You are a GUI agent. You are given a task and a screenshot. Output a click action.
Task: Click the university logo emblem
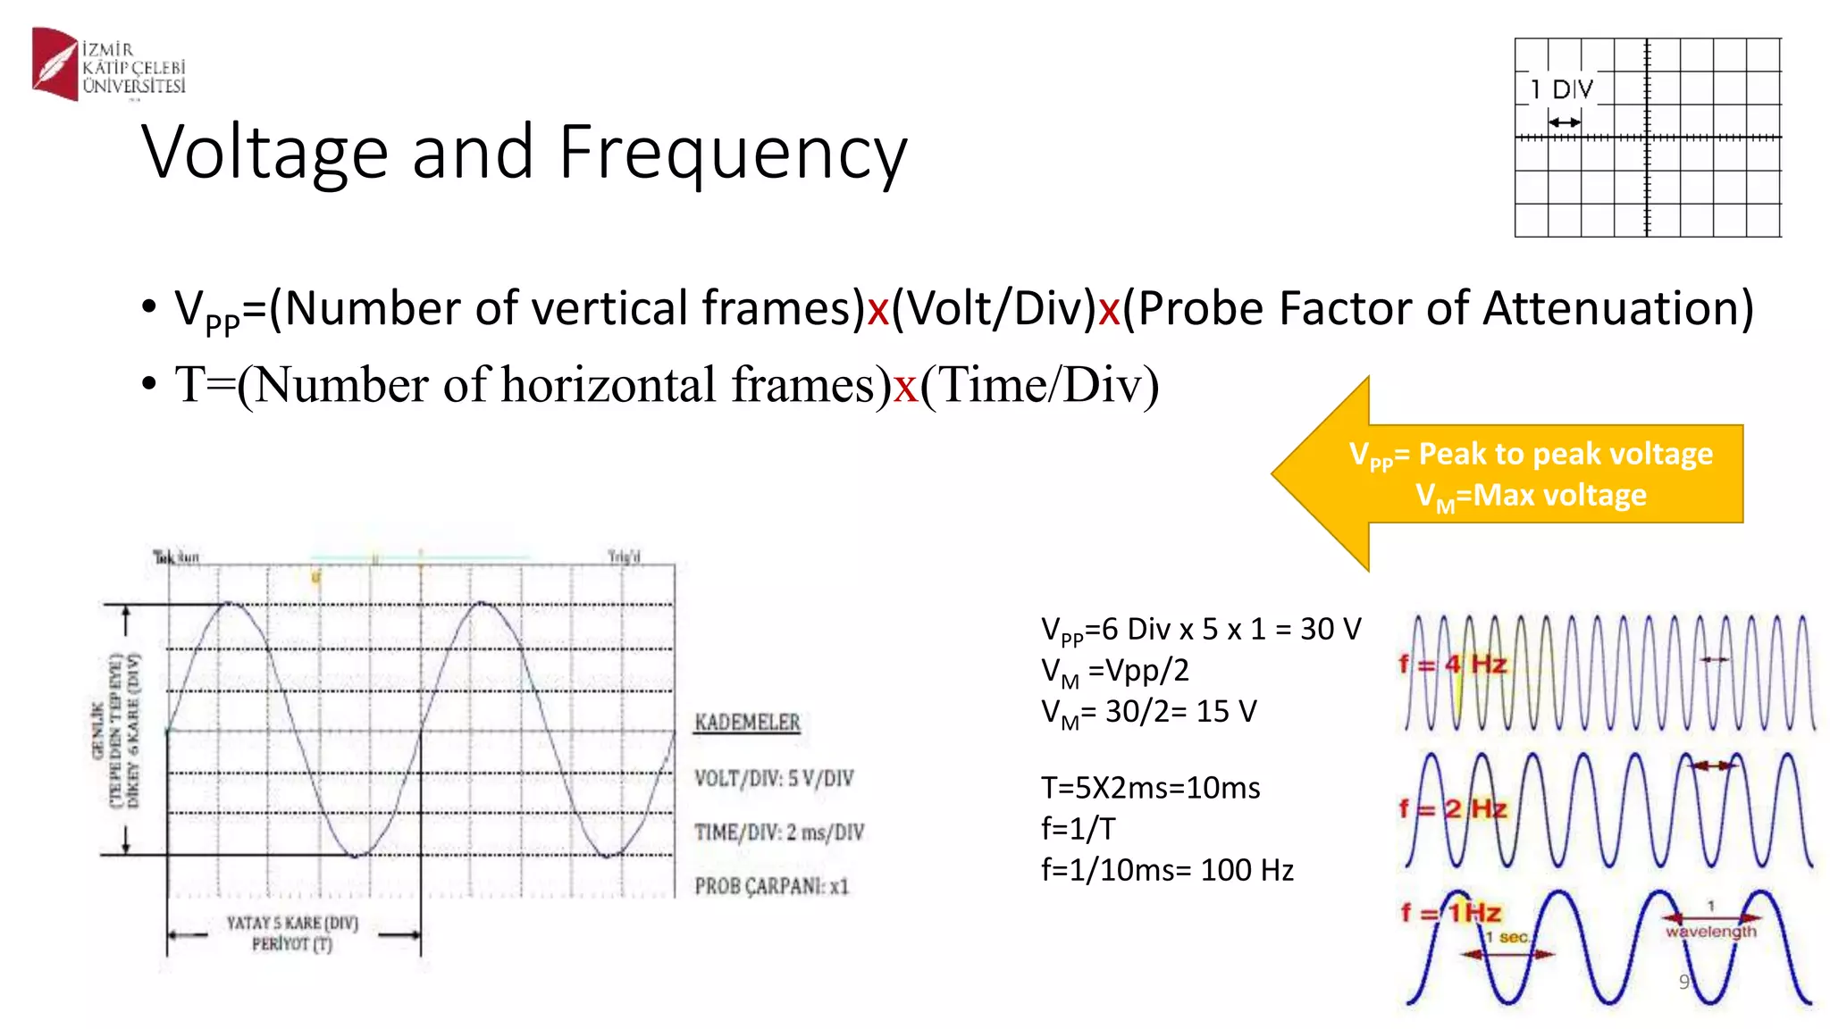(55, 63)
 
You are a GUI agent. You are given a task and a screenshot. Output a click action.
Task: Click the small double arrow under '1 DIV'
(1564, 122)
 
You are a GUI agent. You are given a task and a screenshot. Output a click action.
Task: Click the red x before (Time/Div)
(906, 386)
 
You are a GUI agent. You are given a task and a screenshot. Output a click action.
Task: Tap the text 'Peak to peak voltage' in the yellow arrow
(1566, 454)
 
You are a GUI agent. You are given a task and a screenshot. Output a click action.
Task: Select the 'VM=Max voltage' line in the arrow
(1531, 496)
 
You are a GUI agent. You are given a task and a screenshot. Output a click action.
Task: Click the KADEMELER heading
(747, 722)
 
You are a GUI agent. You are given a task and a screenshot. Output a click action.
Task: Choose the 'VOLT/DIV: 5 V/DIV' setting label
(774, 778)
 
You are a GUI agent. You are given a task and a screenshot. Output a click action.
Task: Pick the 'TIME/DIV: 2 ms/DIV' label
(779, 832)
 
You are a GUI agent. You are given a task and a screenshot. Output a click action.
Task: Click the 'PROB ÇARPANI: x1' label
(771, 886)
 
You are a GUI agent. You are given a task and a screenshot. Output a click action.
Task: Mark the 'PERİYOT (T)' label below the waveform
(291, 944)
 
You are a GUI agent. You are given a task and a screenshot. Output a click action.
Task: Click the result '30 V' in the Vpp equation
(1331, 629)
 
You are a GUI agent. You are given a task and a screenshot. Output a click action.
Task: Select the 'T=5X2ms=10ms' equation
(1150, 788)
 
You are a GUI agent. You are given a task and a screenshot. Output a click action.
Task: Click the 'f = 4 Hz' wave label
(1452, 664)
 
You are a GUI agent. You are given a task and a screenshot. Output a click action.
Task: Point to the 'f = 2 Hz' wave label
(1452, 808)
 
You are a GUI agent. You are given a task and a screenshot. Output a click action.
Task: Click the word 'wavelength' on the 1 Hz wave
(1710, 932)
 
